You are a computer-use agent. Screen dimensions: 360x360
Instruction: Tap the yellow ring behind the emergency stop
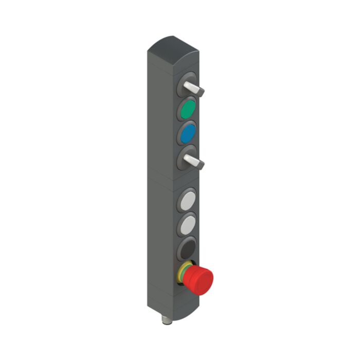(182, 275)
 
